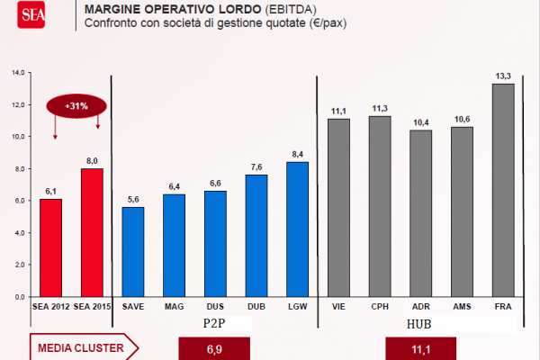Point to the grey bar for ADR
point(420,212)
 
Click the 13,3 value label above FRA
point(503,76)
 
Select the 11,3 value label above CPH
point(380,108)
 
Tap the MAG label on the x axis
point(174,306)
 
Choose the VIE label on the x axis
point(338,306)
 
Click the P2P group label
point(213,322)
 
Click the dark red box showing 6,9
point(214,347)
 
